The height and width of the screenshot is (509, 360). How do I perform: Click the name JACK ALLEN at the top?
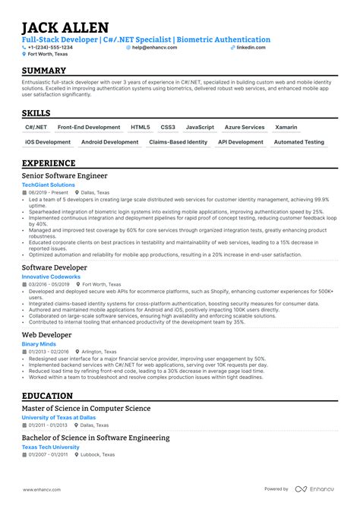(x=65, y=27)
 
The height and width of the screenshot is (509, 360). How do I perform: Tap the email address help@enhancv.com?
(x=154, y=47)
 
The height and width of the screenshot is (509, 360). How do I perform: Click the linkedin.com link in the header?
(x=251, y=47)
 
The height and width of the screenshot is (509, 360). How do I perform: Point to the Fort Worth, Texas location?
(x=48, y=55)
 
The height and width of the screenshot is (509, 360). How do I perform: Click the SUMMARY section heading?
(x=48, y=71)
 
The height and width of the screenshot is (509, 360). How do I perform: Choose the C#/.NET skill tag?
(x=36, y=128)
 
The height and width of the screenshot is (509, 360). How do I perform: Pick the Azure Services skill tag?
(x=244, y=128)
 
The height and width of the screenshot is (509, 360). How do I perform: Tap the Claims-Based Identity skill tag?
(x=178, y=142)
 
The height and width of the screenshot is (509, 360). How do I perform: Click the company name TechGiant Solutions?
(x=49, y=185)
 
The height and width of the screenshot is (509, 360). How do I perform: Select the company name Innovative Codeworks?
(x=51, y=277)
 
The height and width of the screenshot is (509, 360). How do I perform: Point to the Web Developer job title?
(x=47, y=334)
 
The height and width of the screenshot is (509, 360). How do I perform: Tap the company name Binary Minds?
(x=39, y=344)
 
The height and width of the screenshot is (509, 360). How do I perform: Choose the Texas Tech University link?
(x=51, y=447)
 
